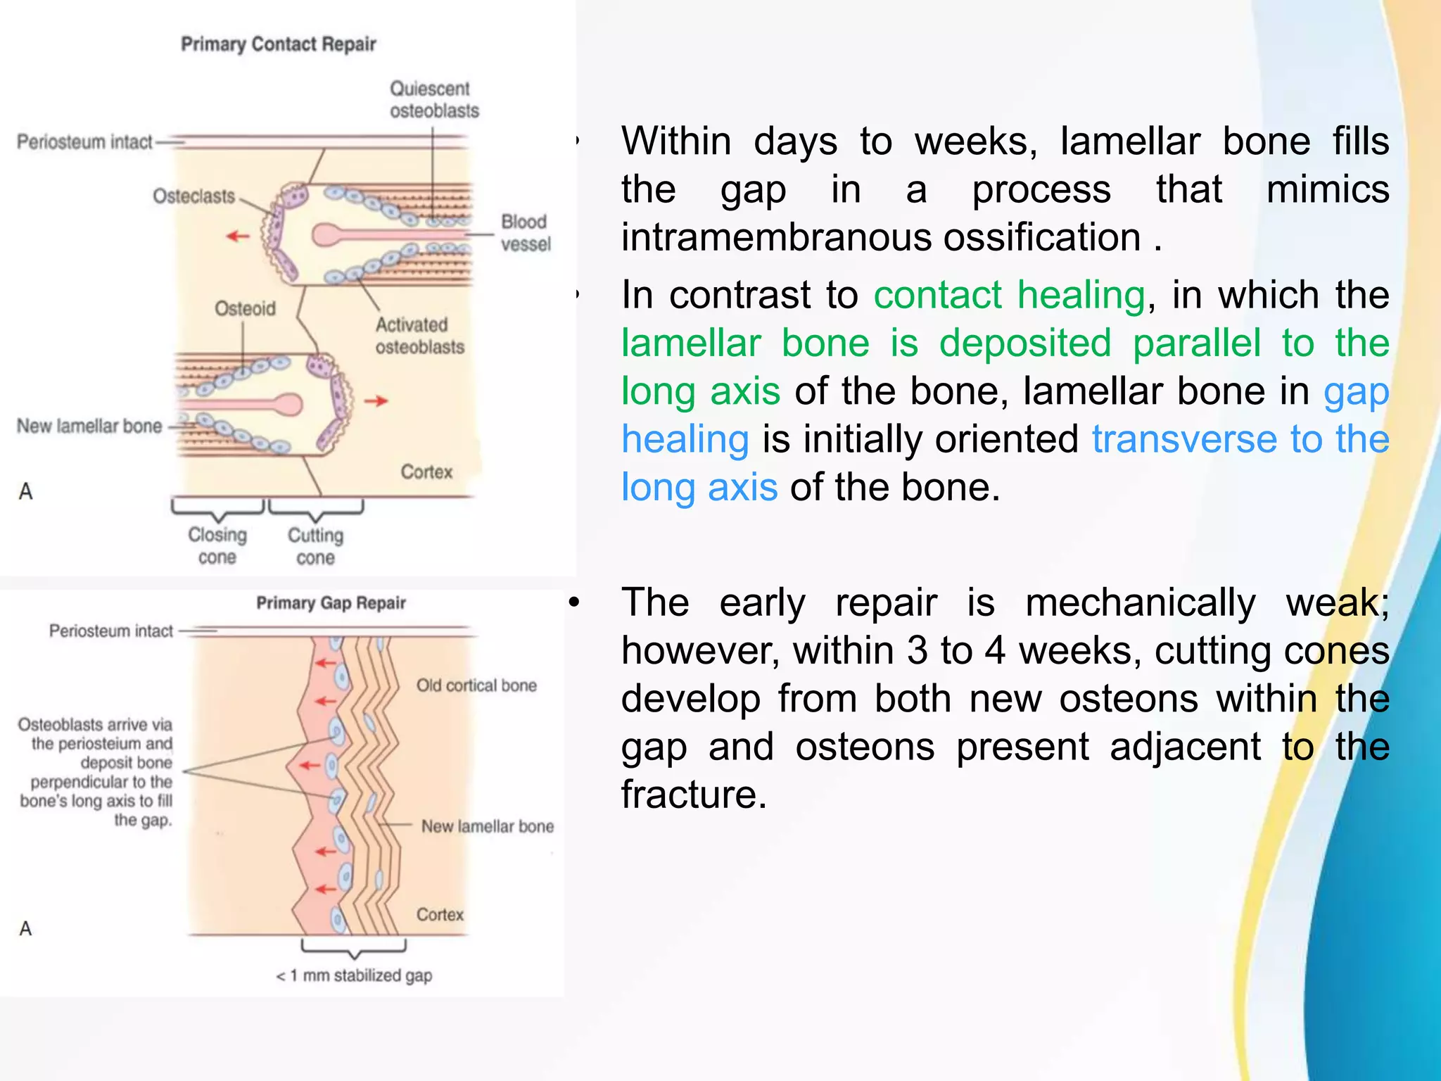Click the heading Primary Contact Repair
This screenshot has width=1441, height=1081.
(278, 44)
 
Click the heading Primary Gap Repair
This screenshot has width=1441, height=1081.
(331, 603)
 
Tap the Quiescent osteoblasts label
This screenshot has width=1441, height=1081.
(433, 99)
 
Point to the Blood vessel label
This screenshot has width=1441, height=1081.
(525, 233)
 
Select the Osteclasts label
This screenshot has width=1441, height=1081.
(193, 196)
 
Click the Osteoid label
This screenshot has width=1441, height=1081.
(245, 309)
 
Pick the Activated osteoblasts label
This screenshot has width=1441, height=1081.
(419, 336)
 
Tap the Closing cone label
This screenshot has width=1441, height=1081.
(217, 546)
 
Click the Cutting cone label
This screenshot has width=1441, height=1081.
(315, 547)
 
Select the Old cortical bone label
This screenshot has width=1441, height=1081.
(476, 685)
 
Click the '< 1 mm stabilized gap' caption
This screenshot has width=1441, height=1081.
(354, 975)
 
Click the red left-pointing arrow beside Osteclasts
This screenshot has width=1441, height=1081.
(238, 236)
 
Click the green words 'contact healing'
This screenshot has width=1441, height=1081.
(1009, 295)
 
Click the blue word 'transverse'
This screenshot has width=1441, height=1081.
(1183, 439)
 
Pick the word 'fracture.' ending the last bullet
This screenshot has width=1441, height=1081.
(694, 795)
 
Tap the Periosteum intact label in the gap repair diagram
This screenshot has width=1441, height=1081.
(110, 631)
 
